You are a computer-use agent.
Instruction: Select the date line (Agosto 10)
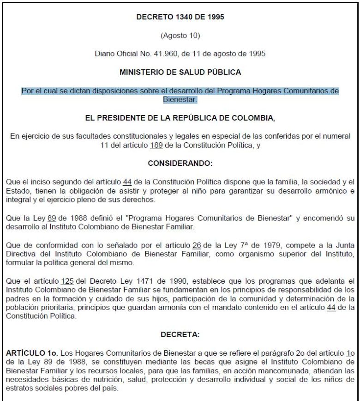[x=180, y=35]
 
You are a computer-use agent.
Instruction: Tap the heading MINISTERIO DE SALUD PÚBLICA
[x=180, y=72]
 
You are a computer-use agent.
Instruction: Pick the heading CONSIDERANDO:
[x=180, y=163]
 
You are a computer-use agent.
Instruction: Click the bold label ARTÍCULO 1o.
[x=30, y=352]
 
